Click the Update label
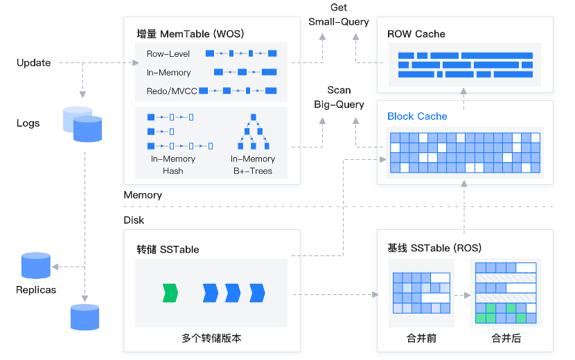tap(34, 63)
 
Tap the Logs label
tap(28, 123)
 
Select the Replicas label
tap(36, 289)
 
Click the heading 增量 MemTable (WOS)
tap(191, 33)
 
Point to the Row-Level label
tap(168, 53)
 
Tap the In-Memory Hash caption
tap(173, 165)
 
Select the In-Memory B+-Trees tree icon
tap(253, 132)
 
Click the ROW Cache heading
tap(416, 34)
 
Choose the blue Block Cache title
tap(417, 116)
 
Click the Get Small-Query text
tap(339, 15)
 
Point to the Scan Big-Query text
tap(339, 98)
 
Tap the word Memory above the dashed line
tap(143, 195)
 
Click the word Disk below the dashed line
tap(134, 220)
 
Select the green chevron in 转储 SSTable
tap(170, 293)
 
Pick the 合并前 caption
tap(421, 339)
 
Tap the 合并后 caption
tap(506, 339)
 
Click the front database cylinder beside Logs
tap(87, 129)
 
